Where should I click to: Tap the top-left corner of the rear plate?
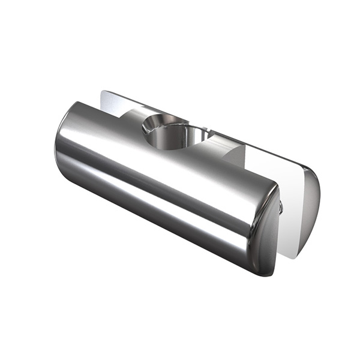coord(103,93)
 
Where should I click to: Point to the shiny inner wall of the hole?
coord(174,138)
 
